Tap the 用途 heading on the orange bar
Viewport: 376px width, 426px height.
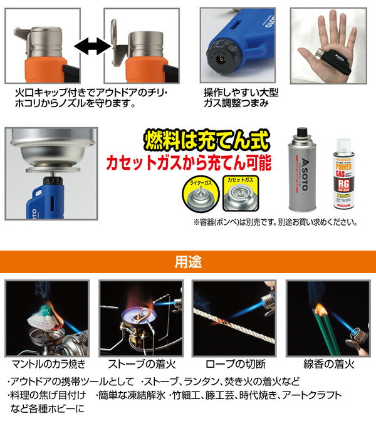187,261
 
